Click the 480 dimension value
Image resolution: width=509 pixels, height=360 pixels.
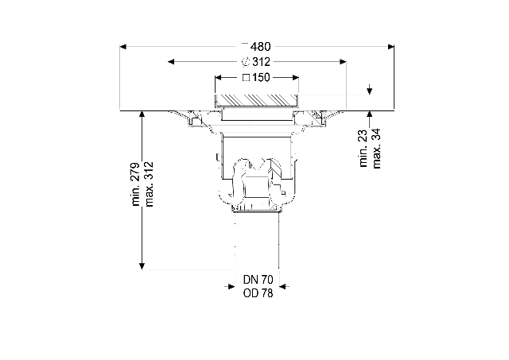(260, 47)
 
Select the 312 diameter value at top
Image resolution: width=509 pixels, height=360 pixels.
(261, 62)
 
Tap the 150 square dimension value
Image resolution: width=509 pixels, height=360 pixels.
(261, 78)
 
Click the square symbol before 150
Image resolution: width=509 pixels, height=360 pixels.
(247, 78)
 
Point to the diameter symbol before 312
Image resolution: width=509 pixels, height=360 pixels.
(246, 62)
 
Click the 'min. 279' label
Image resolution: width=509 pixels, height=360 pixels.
(136, 184)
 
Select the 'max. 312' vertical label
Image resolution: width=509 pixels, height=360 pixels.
(149, 184)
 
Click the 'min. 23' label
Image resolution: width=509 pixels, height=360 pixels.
(363, 149)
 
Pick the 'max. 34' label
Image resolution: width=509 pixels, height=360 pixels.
(376, 149)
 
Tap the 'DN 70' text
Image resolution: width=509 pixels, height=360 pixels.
(258, 279)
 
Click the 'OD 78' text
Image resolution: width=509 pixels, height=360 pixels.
(258, 293)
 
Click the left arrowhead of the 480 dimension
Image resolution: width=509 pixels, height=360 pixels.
(123, 47)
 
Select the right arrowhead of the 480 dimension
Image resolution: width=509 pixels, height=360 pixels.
(390, 47)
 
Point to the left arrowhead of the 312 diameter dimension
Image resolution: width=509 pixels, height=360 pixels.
(171, 62)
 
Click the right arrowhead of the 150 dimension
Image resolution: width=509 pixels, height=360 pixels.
(295, 78)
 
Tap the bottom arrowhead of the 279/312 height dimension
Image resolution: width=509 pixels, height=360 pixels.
(142, 266)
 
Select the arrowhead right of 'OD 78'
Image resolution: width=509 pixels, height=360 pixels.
(283, 286)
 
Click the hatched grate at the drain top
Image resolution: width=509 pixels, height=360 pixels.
(257, 100)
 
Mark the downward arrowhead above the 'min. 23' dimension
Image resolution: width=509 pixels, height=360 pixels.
(369, 91)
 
